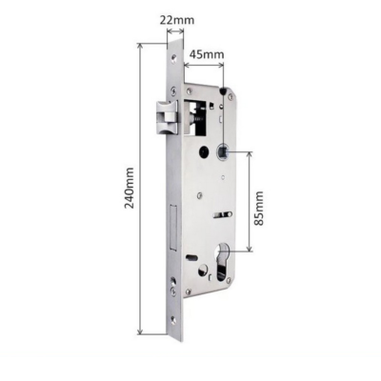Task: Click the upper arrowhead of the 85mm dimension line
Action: click(251, 153)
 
